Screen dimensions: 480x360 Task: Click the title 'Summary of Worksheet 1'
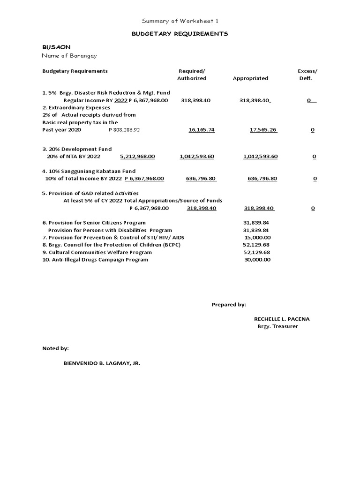[180, 21]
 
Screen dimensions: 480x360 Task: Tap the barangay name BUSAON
[56, 47]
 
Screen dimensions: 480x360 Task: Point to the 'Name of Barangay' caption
[69, 56]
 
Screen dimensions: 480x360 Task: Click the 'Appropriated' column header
[250, 78]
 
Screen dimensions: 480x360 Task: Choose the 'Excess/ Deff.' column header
[307, 75]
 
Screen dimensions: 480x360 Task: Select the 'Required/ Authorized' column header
[191, 75]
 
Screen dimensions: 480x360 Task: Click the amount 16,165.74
[201, 130]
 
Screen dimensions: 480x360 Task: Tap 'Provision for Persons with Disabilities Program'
[110, 230]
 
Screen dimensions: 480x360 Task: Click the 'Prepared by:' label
[229, 305]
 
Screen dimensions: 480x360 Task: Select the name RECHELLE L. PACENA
[282, 319]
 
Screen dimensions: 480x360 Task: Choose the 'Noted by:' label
[55, 348]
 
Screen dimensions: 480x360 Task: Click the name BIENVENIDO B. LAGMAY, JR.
[102, 363]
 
